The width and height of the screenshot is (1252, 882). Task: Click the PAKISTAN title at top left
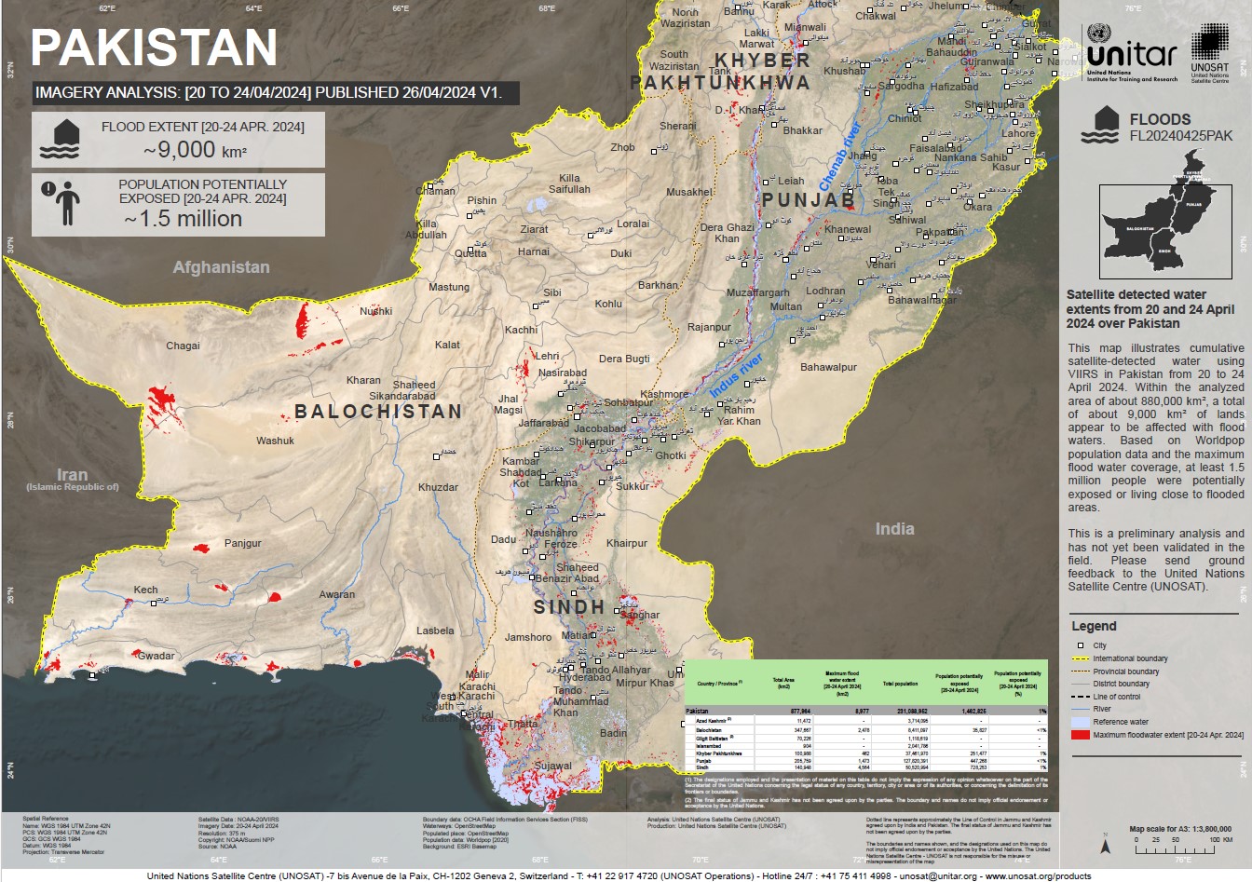click(x=155, y=47)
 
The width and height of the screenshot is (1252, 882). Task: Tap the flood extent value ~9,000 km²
click(x=195, y=149)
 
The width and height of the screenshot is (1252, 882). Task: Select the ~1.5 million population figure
click(x=184, y=219)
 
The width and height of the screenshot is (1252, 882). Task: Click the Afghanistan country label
click(x=221, y=267)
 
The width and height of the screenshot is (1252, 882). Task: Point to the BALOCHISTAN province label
click(x=378, y=412)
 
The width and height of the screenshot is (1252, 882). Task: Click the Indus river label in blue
click(x=736, y=375)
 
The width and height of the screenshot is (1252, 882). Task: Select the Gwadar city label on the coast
click(x=156, y=656)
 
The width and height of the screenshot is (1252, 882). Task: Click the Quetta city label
click(x=470, y=253)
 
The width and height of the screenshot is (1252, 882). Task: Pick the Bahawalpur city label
click(x=828, y=367)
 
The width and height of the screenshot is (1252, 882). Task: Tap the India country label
click(x=894, y=529)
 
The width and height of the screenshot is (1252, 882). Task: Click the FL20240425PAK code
click(x=1180, y=136)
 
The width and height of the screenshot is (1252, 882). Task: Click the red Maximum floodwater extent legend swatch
click(x=1080, y=735)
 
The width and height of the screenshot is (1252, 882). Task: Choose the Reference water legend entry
click(x=1120, y=722)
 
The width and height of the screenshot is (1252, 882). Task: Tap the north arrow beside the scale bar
click(x=1105, y=845)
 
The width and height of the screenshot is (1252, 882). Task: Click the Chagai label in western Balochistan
click(x=183, y=346)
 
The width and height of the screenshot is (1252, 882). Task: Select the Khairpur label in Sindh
click(x=626, y=543)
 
